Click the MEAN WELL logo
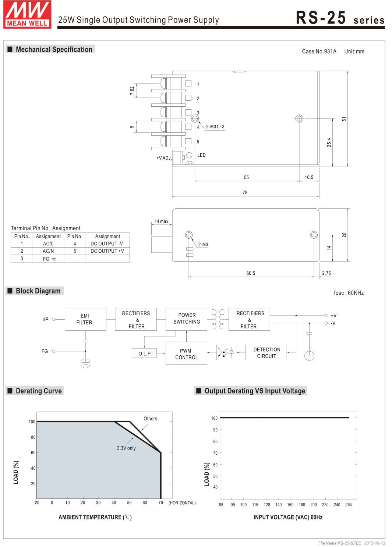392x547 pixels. pos(27,14)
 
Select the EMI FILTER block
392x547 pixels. pos(85,319)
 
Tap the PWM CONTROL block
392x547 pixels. pos(186,354)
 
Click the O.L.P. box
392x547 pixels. pos(144,354)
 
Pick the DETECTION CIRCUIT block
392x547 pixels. pos(266,352)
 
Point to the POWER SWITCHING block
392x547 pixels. pos(187,319)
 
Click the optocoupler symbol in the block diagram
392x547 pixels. pos(226,352)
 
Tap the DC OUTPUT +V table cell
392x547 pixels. pos(107,251)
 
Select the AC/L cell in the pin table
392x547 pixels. pos(48,244)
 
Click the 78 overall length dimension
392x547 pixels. pos(245,192)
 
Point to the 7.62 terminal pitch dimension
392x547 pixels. pos(132,91)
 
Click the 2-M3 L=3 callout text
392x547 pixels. pos(215,127)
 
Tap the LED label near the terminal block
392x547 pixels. pos(201,155)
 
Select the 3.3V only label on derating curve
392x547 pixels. pos(126,448)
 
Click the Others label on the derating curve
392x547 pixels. pos(150,419)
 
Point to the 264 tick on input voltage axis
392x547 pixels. pos(349,505)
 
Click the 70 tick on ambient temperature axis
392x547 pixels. pos(160,502)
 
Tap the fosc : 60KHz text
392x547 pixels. pos(349,293)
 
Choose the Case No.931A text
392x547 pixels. pos(319,51)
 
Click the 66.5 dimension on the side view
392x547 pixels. pos(251,273)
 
